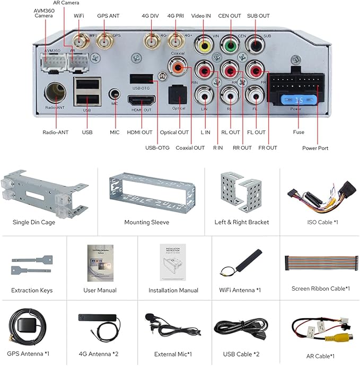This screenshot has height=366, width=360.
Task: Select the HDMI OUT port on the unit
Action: (x=140, y=101)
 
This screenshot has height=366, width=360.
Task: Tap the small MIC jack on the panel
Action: (x=113, y=94)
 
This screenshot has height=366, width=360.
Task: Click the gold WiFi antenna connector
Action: (x=81, y=41)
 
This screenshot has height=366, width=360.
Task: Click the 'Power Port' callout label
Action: (x=315, y=148)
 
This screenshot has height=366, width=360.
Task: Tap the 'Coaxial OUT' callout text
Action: (x=190, y=148)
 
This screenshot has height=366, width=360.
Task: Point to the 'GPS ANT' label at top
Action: (x=108, y=16)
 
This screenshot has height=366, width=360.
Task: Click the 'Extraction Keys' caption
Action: (x=32, y=290)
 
